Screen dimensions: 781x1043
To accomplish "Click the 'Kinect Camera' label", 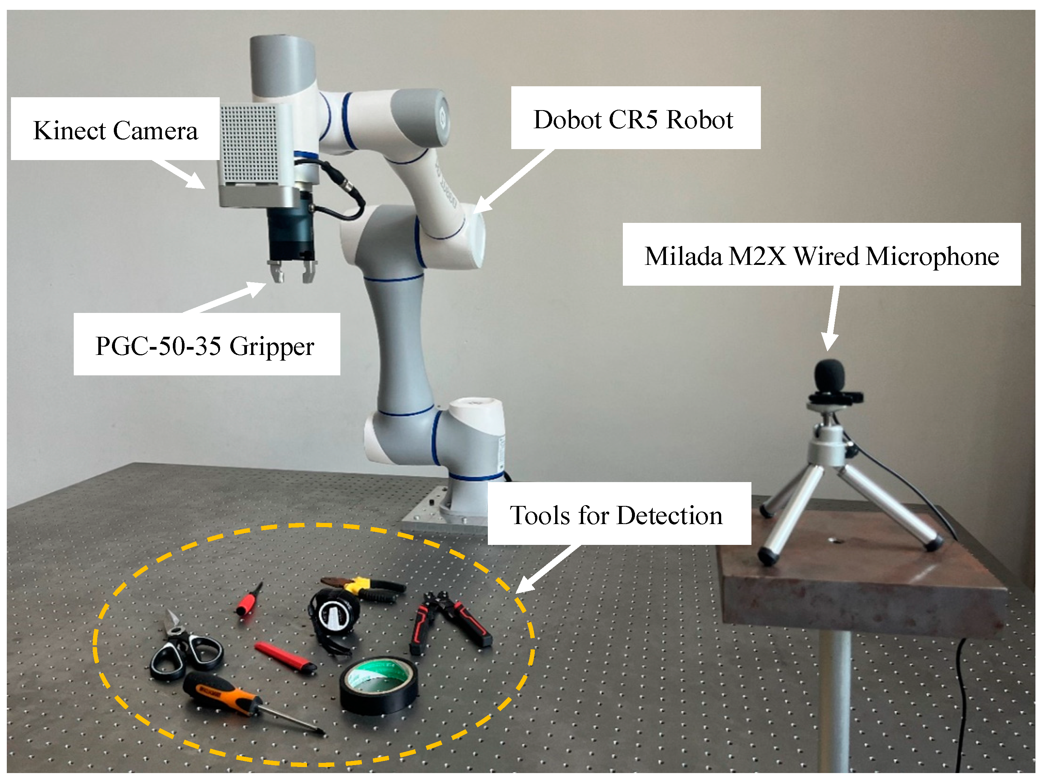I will coord(115,130).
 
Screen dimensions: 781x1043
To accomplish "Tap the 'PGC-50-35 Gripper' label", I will coord(205,345).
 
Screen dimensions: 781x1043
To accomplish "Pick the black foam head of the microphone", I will coord(829,375).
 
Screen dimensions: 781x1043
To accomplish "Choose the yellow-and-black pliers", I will coord(365,588).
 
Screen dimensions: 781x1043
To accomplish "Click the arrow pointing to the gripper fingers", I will coord(226,297).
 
